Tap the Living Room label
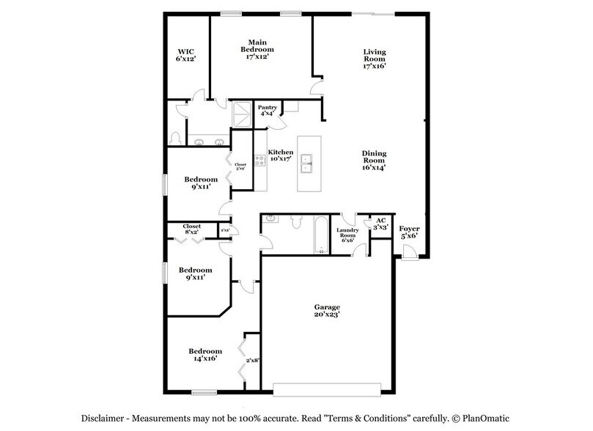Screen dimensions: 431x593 point(375,59)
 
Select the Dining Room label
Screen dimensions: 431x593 point(374,161)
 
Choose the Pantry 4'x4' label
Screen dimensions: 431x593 point(267,111)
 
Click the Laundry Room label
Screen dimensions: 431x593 point(347,235)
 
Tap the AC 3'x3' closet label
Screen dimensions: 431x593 point(380,224)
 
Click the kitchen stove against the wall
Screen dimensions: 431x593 point(259,161)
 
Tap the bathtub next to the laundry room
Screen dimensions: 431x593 point(320,235)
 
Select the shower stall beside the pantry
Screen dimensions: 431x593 point(242,115)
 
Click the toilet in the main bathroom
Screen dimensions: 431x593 point(174,138)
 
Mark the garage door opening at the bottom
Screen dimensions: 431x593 point(326,388)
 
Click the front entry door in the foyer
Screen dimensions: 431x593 point(409,254)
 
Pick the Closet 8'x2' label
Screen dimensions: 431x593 point(192,229)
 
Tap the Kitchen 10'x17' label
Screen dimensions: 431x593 point(281,155)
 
